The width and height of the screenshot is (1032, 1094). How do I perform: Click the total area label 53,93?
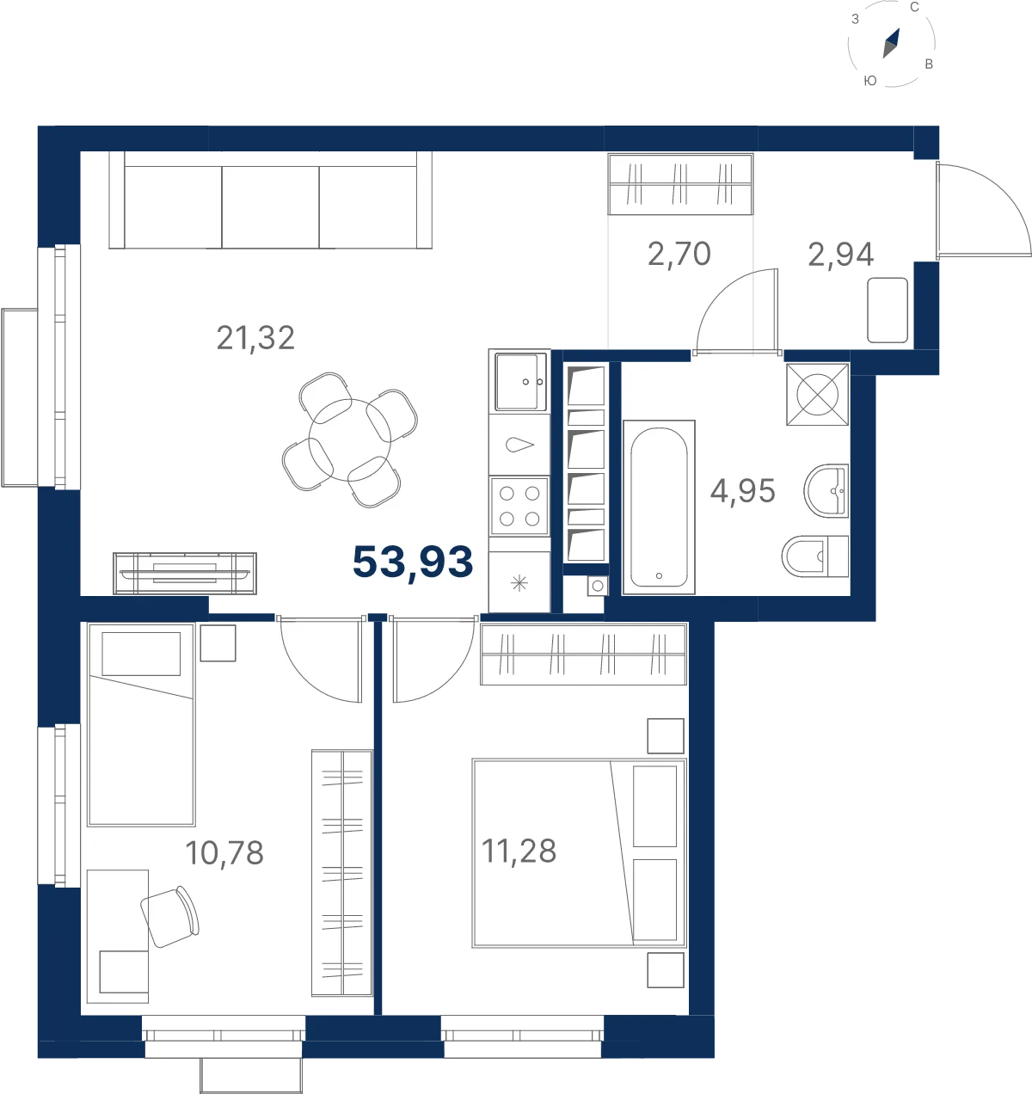413,562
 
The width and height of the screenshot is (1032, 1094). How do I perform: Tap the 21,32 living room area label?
255,338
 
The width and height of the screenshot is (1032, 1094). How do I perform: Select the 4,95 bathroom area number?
743,490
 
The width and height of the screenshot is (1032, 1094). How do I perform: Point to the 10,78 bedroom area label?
224,852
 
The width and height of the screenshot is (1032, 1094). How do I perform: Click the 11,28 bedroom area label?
519,851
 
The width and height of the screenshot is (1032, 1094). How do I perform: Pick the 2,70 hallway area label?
679,254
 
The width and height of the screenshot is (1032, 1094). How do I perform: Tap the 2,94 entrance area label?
841,254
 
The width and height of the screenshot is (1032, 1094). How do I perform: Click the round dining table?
349,439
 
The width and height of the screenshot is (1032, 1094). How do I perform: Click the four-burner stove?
519,506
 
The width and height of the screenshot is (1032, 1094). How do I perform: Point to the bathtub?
659,507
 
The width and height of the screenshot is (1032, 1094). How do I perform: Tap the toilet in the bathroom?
815,556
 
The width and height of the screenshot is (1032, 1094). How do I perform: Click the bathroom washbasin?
826,490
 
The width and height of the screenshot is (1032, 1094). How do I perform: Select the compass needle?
891,43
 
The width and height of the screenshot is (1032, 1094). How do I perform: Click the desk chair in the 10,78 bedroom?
169,916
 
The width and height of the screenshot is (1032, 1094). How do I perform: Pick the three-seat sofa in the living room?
270,200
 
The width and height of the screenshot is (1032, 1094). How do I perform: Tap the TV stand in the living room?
185,574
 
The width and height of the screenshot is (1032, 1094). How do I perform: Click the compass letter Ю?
870,81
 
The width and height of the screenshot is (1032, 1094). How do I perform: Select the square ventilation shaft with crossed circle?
818,395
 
